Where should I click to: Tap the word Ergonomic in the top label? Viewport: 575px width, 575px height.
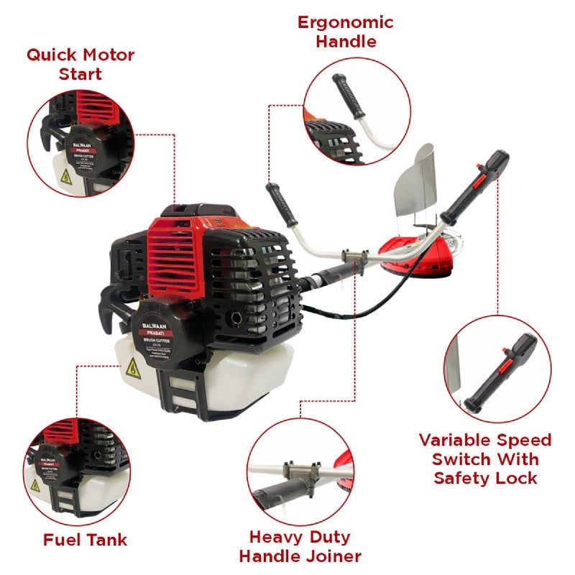tap(346, 22)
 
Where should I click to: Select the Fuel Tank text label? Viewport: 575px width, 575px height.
tap(85, 539)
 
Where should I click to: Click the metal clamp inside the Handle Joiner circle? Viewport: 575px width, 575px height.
tap(302, 471)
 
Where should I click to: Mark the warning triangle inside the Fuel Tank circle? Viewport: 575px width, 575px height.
tap(35, 485)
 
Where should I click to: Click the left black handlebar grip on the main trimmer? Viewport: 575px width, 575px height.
tap(281, 204)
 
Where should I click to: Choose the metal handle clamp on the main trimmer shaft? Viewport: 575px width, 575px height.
tap(355, 257)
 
